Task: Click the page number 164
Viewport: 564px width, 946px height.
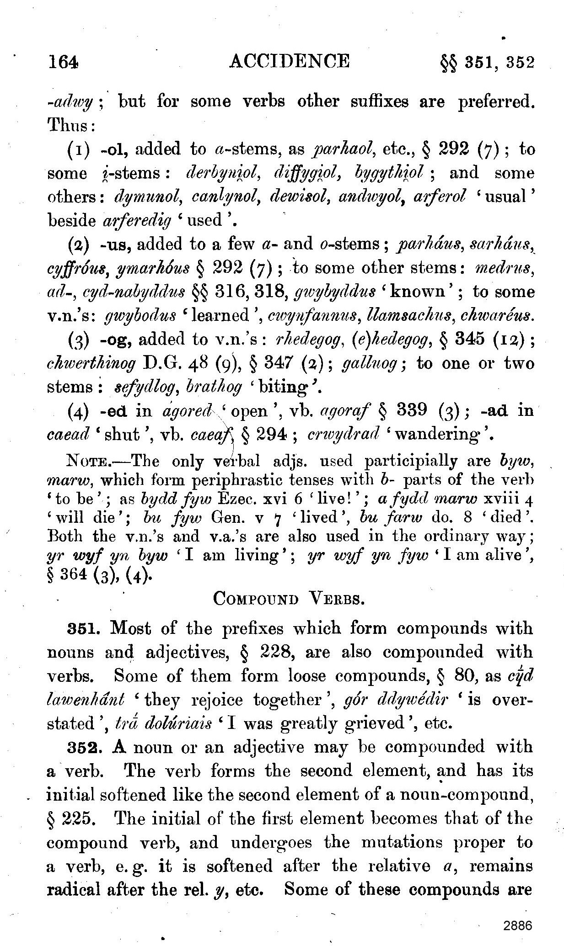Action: [x=64, y=62]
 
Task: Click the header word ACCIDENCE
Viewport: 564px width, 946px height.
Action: [x=289, y=61]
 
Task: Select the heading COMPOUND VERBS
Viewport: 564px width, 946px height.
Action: [x=289, y=599]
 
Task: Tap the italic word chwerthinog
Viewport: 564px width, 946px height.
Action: [x=92, y=363]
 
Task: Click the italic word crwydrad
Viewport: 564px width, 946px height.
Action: [x=344, y=434]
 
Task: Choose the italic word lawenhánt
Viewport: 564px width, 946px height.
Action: [x=86, y=700]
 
